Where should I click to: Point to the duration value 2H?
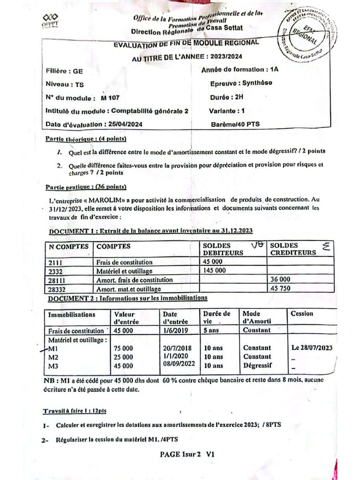pos(239,98)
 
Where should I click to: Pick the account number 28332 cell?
pos(57,289)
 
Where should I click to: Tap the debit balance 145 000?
pos(214,270)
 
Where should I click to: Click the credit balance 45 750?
pos(281,289)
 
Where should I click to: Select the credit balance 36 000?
pos(281,279)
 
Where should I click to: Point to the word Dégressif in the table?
pos(257,366)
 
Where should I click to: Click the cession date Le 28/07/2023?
pos(312,348)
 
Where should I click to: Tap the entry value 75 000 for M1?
pos(124,348)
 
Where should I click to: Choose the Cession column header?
pos(302,314)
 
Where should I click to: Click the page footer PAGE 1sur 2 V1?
pos(187,454)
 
